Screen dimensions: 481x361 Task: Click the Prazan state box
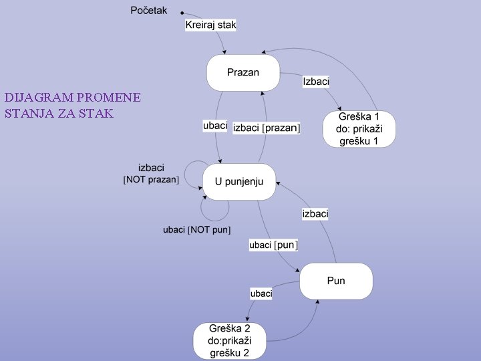coord(243,73)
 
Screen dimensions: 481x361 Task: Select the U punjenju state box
coord(239,181)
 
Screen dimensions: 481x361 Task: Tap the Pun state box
coord(335,281)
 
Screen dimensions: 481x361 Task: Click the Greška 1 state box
coord(359,129)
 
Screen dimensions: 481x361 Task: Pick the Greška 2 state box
coord(228,341)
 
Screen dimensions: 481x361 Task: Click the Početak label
coord(148,10)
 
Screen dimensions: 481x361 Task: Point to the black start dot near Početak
coord(182,12)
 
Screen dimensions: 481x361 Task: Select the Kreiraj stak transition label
coord(210,25)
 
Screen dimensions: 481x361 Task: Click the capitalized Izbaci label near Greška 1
coord(316,82)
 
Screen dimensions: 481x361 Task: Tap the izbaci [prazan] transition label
coord(267,128)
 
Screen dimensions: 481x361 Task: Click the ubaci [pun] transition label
coord(273,245)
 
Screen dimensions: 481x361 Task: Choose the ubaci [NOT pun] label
coord(196,230)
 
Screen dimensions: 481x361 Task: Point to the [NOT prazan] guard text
coord(151,180)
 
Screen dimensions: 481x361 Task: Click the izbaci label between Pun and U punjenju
coord(315,214)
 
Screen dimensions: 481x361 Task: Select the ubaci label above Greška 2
coord(261,293)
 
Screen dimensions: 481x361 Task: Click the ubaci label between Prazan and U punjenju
coord(215,126)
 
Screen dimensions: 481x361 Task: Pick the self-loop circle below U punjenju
coord(215,207)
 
